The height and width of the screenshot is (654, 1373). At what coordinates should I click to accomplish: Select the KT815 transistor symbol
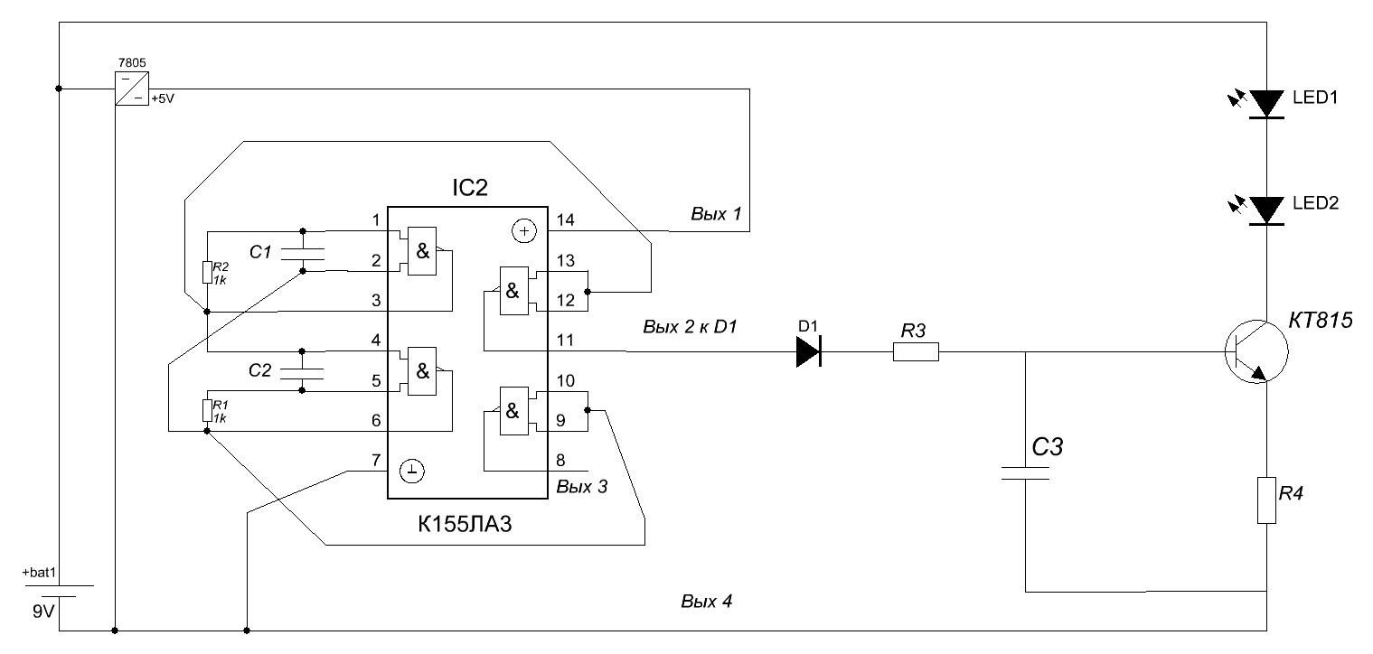(1256, 353)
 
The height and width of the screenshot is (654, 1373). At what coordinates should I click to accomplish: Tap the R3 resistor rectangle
(916, 352)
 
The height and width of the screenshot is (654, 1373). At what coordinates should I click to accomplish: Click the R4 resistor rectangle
(1266, 501)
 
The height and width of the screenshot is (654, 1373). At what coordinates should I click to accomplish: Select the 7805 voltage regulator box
(132, 89)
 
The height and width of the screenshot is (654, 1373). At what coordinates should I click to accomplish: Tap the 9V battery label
(42, 612)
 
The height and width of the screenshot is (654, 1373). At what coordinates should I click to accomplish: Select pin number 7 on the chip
(375, 461)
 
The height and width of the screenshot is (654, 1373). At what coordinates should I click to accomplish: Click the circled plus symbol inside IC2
(523, 231)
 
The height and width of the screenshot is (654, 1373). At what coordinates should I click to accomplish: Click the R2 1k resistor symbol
(207, 273)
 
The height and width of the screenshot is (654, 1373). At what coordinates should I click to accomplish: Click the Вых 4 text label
(705, 601)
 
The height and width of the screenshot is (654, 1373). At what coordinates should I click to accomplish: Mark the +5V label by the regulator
(162, 98)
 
